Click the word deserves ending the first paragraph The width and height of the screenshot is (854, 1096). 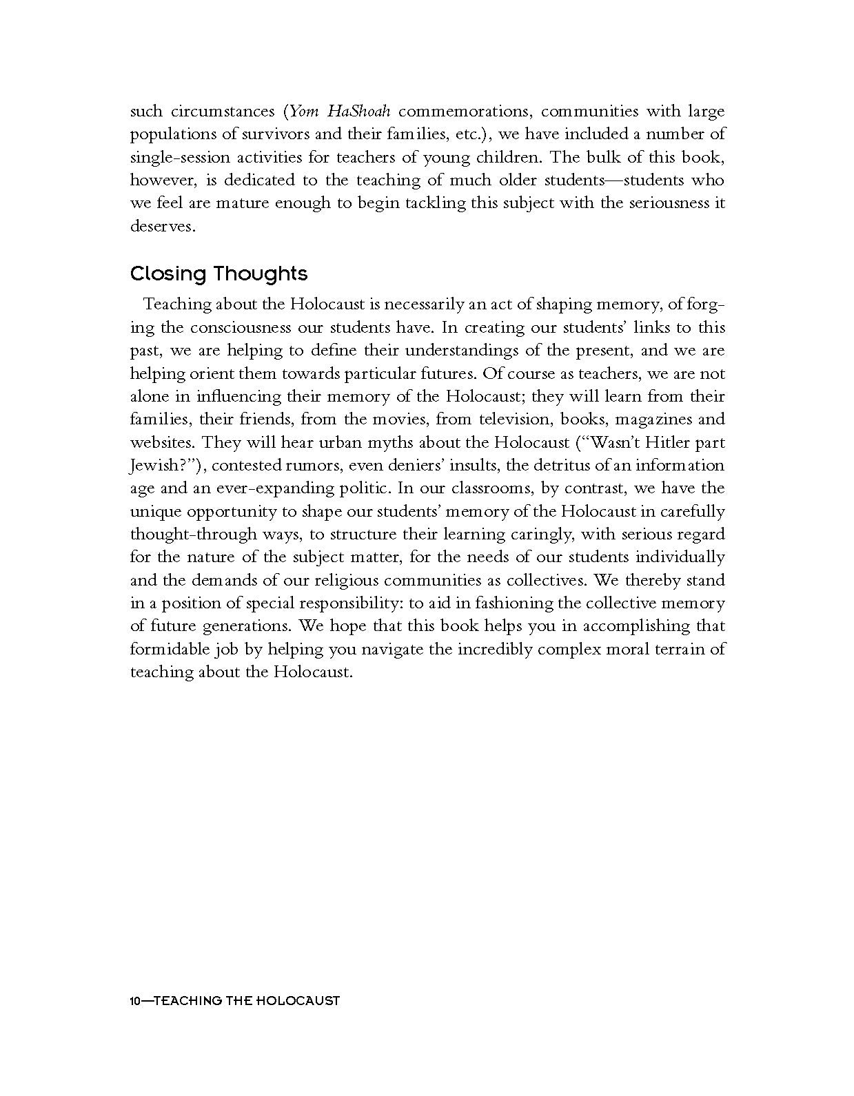pos(162,226)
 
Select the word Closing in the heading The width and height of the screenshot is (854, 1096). pos(168,274)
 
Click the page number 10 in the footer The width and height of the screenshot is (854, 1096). pos(136,1000)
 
